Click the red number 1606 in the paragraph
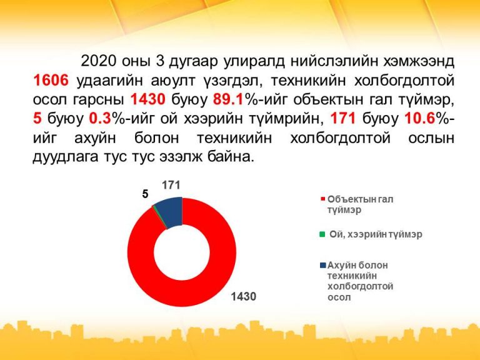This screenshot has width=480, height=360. click(51, 81)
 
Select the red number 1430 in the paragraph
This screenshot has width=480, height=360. click(148, 100)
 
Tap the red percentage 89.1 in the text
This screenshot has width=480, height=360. click(227, 100)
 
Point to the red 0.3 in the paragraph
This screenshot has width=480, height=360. click(99, 119)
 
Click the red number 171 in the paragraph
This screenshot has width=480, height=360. click(342, 119)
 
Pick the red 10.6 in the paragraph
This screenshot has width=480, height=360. click(420, 119)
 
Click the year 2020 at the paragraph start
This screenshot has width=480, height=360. click(98, 61)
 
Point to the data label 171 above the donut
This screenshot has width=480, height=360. click(171, 185)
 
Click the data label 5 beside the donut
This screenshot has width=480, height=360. click(145, 194)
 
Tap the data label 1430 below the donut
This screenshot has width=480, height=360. click(243, 296)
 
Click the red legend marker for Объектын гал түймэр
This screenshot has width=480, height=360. click(322, 199)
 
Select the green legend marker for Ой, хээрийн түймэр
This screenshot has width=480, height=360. click(322, 234)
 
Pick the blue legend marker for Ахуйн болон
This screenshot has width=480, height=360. click(323, 265)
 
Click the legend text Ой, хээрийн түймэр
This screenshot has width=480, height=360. click(376, 234)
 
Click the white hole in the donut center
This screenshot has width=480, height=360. click(182, 252)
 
